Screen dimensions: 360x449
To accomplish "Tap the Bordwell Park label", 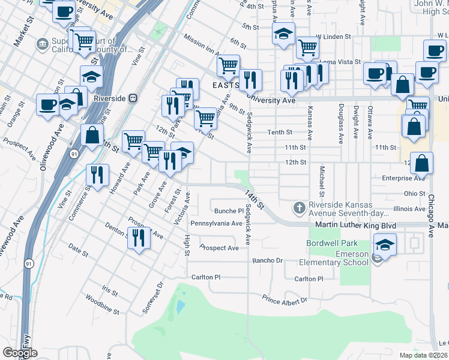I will coord(332,243).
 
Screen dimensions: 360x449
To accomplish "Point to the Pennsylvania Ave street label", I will coord(216,223).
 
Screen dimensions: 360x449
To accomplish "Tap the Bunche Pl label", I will coord(229,211).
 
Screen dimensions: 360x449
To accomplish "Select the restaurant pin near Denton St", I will coord(139,238).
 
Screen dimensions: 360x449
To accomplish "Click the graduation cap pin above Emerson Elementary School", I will coord(385,244).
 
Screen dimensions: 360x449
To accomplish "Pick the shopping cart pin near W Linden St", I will coord(307,46).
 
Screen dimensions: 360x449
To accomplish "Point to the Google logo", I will coord(20,353).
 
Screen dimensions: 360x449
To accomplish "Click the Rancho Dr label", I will coord(267,260).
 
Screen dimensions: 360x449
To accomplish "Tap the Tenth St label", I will coord(280,133).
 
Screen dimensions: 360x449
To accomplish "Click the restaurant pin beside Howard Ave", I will coord(97,174).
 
